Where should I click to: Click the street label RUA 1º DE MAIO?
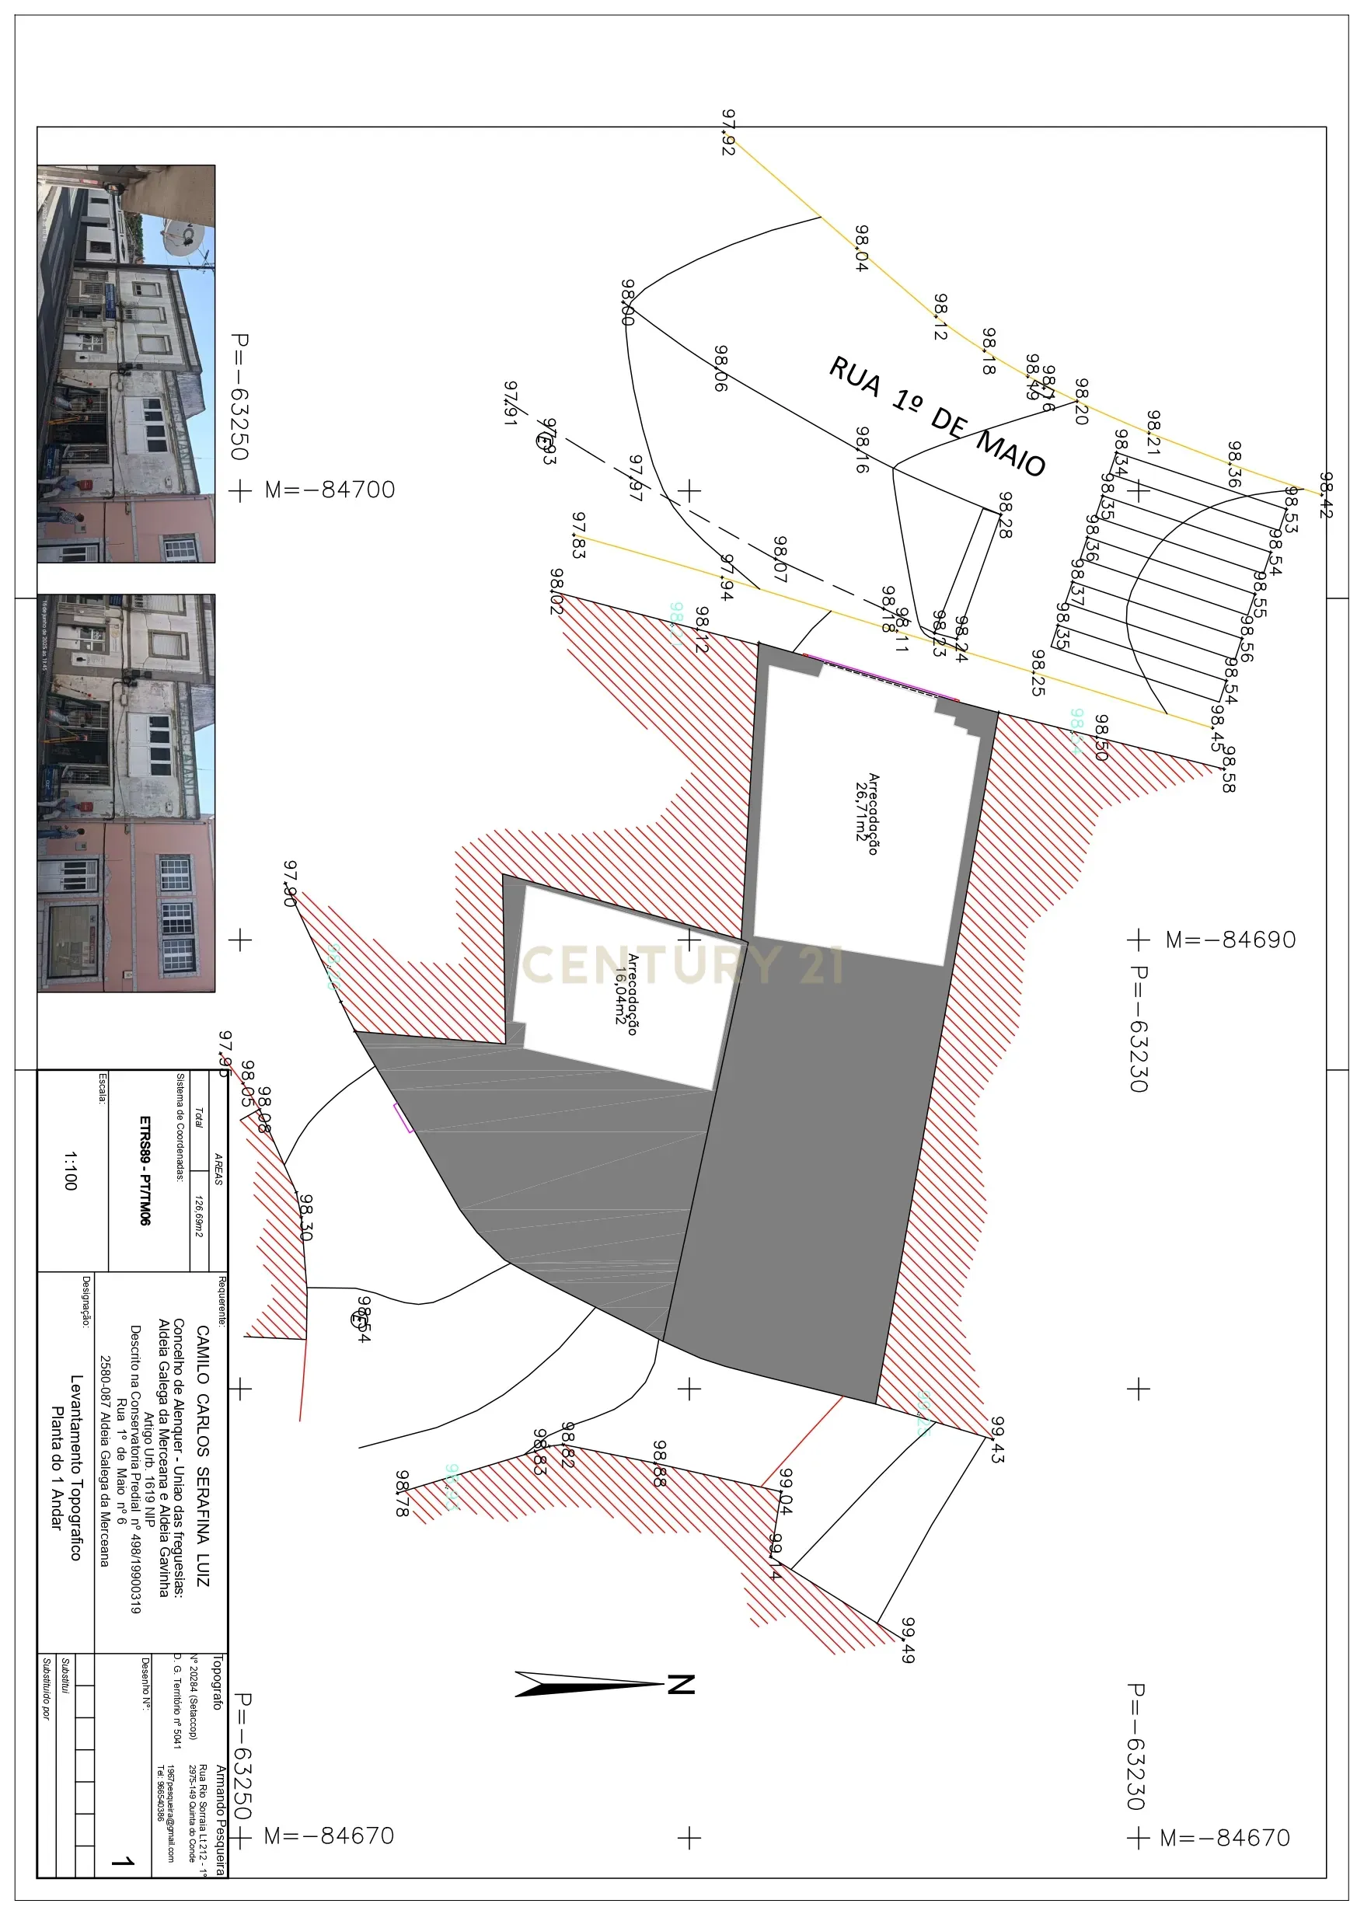[x=937, y=417]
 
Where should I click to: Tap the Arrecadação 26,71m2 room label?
[x=867, y=814]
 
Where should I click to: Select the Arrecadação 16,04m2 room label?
[x=626, y=994]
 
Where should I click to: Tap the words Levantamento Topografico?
[x=75, y=1467]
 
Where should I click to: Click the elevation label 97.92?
[x=728, y=132]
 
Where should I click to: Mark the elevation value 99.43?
[x=997, y=1440]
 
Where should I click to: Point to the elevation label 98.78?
[x=403, y=1493]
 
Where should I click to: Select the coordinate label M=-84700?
[x=330, y=490]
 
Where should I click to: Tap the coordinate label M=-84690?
[x=1230, y=940]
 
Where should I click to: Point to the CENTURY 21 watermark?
[x=682, y=965]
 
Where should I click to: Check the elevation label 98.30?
[x=305, y=1217]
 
